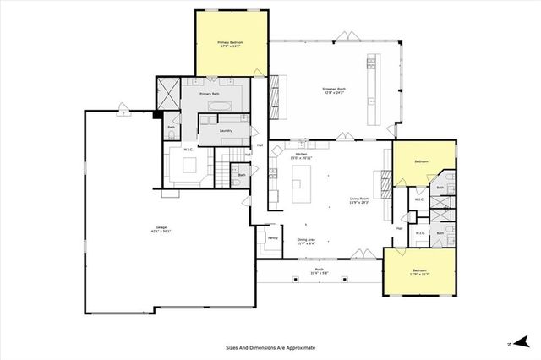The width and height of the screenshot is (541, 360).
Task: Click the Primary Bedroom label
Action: (x=232, y=44)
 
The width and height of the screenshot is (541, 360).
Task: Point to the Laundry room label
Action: (x=226, y=131)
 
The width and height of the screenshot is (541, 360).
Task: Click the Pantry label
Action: (x=273, y=238)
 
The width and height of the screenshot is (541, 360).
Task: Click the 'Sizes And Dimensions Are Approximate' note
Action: (x=270, y=347)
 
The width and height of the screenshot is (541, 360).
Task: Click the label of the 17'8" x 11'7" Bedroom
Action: (x=419, y=272)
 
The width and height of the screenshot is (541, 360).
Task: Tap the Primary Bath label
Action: (x=221, y=95)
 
